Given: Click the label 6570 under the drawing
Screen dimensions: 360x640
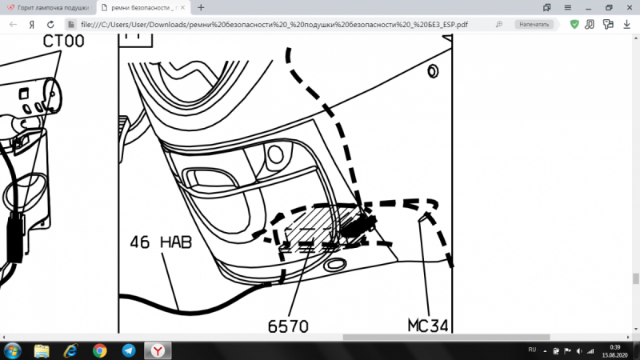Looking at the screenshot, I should [288, 326].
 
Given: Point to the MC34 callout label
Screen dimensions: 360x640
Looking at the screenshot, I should [428, 325].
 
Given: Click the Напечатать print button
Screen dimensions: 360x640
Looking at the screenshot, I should [534, 24].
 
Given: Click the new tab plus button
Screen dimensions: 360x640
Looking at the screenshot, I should [201, 7].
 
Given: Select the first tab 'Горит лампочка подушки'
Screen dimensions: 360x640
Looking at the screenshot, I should [48, 7].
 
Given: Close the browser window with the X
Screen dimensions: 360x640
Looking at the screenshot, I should [628, 7].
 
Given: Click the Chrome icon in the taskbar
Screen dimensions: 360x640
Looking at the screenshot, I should [100, 350].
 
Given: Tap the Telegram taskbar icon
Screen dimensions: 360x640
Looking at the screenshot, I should [129, 350].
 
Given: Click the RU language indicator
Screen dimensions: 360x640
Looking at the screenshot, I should [533, 350].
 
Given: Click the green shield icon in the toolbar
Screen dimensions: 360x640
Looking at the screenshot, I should [574, 24].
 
